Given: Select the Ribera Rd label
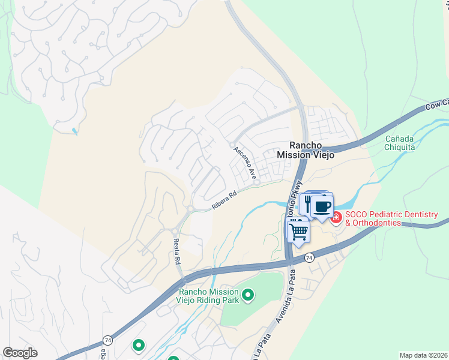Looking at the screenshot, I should click(x=224, y=200).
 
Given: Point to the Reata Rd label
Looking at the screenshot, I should click(x=177, y=251).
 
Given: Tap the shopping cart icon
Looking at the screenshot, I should click(x=299, y=229).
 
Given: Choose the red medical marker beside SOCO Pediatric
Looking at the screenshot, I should click(x=336, y=217).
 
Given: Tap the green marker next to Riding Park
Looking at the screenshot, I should click(x=246, y=295).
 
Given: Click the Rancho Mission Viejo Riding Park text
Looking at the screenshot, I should click(x=208, y=295).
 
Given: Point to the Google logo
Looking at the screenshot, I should click(x=20, y=353).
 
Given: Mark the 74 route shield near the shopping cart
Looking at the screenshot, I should click(x=309, y=257).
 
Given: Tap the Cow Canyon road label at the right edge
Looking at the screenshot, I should click(x=436, y=104).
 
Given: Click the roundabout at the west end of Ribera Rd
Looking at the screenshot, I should click(x=190, y=209).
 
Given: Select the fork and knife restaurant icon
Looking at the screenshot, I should click(x=308, y=204).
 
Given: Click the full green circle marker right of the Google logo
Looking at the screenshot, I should click(x=139, y=345).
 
